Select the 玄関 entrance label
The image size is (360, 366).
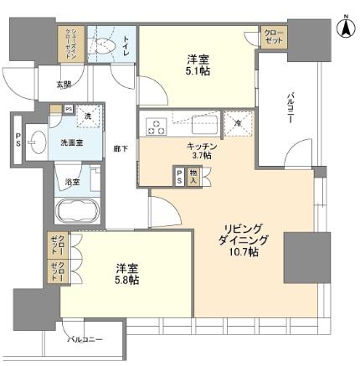(x=64, y=84)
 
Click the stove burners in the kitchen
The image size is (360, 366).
(x=157, y=127)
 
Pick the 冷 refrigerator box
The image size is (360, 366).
(x=238, y=123)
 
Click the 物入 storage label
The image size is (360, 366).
(x=193, y=177)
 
